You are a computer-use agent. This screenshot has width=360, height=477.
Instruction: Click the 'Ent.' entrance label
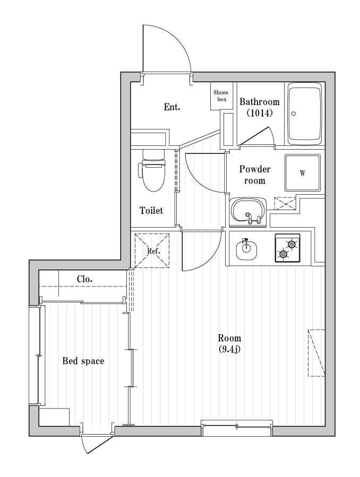point(172,107)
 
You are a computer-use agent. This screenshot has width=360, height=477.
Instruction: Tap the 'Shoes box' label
point(220,96)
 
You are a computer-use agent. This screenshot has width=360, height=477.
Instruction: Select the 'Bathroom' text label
point(259,102)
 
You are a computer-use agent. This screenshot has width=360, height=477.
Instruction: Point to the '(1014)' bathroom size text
point(259,113)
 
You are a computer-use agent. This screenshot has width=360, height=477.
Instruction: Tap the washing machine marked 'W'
point(303,173)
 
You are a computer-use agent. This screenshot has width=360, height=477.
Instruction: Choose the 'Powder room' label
point(255,175)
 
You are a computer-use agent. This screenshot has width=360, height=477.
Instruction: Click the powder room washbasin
point(248,211)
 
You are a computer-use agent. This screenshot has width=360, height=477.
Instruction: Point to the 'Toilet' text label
point(151,211)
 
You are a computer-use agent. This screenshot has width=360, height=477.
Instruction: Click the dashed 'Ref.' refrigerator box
point(152,250)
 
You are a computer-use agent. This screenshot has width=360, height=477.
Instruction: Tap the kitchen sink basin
point(246,249)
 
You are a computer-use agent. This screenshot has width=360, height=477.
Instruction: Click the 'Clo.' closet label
point(85,279)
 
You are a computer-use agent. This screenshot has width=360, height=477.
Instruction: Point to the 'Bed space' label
point(83,361)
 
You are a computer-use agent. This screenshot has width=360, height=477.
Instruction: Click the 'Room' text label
point(229,338)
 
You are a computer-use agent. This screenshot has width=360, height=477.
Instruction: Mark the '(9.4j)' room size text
point(229,349)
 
